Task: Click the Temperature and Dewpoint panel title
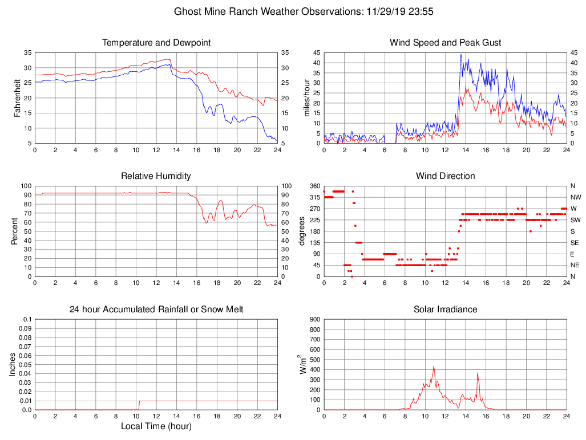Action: (156, 43)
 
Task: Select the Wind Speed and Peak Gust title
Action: (445, 43)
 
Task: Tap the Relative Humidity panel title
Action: (156, 176)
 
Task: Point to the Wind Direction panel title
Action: (445, 176)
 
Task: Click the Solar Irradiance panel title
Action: (445, 309)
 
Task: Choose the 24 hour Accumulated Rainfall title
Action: (156, 309)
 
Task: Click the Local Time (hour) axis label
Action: (156, 426)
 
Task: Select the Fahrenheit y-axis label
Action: (17, 98)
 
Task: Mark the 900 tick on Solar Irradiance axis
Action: (315, 320)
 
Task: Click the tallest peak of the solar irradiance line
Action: (434, 366)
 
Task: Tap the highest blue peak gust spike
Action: (461, 55)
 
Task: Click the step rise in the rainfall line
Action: (139, 405)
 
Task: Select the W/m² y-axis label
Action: (303, 365)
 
